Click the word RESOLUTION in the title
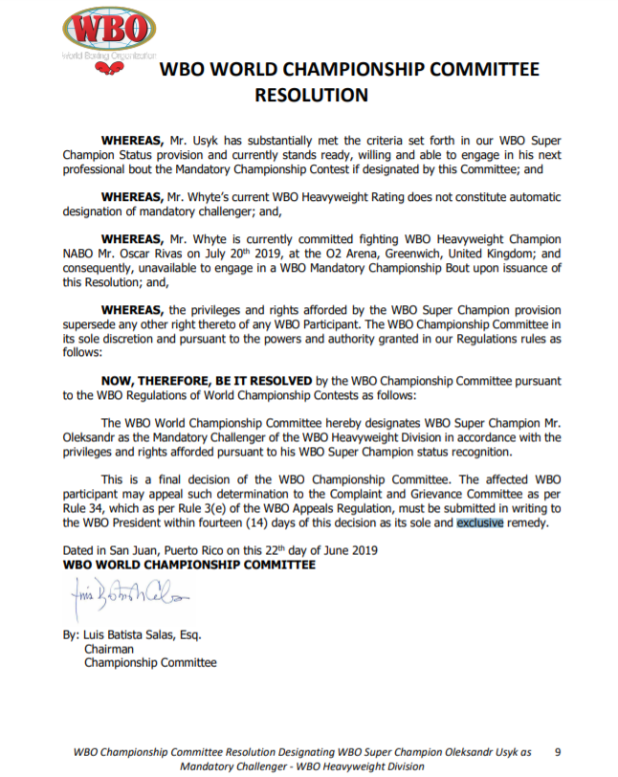311,95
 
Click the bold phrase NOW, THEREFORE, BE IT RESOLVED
207,380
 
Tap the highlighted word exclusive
479,523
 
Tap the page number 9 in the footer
557,751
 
